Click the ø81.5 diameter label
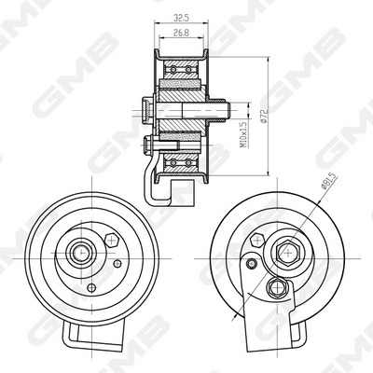(x=328, y=186)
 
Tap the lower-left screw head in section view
(x=152, y=144)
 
